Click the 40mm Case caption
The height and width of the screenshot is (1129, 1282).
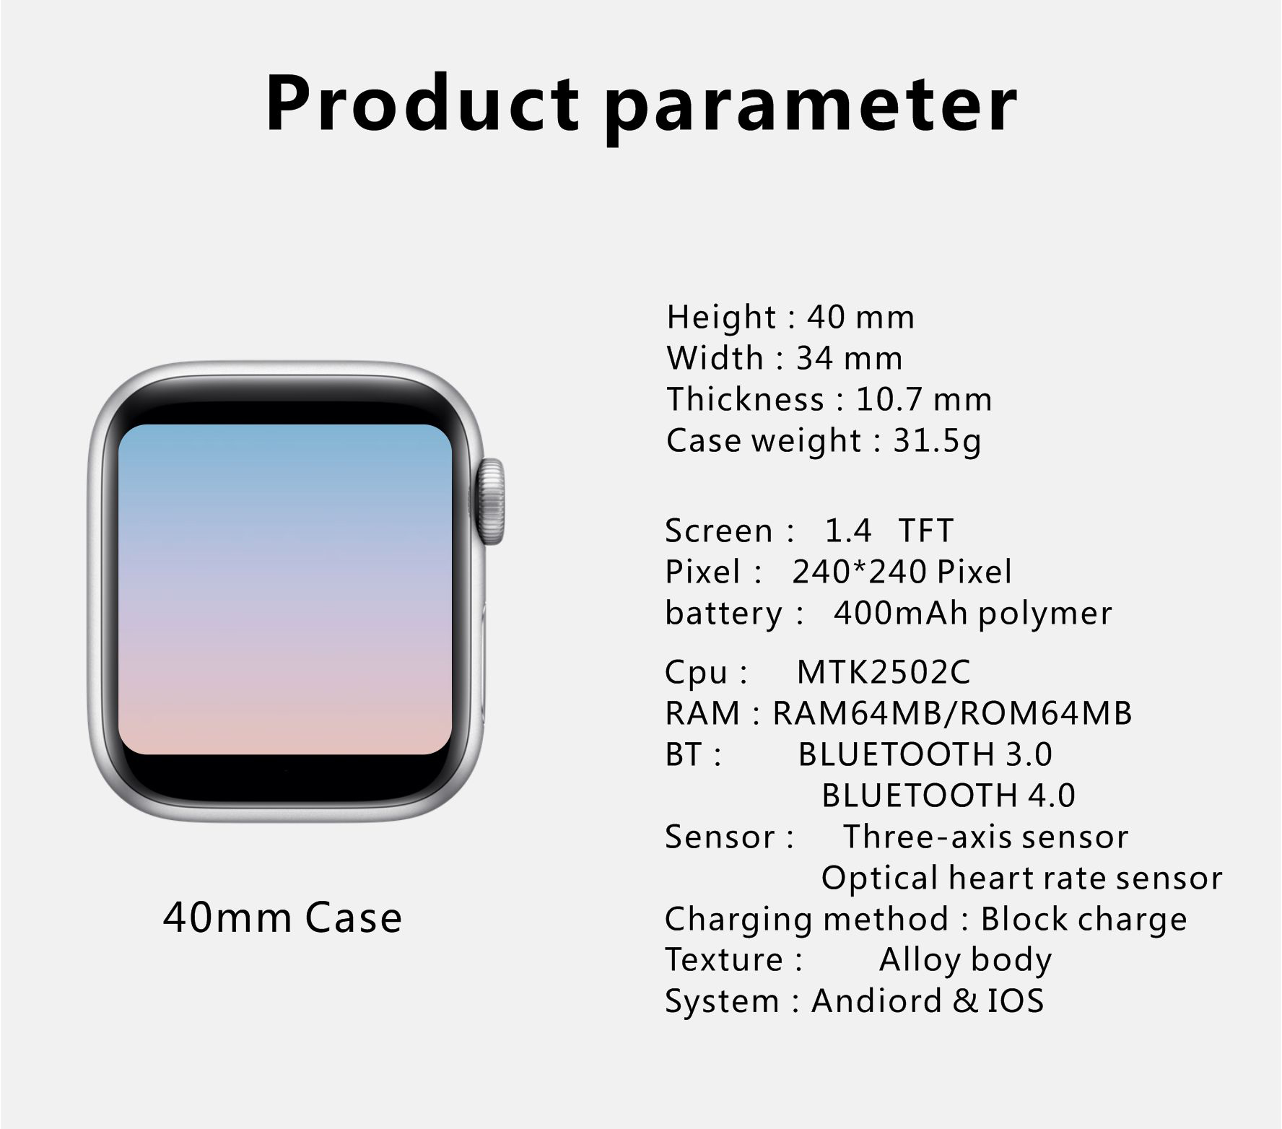click(x=282, y=917)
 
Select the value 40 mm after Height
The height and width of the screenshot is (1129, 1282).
click(x=860, y=318)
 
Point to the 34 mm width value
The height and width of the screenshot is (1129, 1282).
click(x=849, y=359)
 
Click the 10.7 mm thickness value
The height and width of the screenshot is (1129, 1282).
click(x=924, y=400)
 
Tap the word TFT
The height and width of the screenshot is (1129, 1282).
click(x=926, y=531)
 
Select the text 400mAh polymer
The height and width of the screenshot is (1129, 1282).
click(x=973, y=614)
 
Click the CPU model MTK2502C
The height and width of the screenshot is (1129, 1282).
click(x=884, y=672)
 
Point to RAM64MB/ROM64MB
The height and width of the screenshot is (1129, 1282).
click(x=952, y=713)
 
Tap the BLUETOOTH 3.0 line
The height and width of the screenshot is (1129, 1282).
click(x=925, y=754)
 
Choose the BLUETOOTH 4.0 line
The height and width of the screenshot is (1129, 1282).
click(x=949, y=795)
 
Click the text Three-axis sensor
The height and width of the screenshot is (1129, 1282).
click(x=985, y=837)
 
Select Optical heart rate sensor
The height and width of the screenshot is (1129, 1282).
click(x=1021, y=879)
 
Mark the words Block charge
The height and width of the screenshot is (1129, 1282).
click(x=1083, y=920)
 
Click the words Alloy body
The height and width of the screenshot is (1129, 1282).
click(x=965, y=961)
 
